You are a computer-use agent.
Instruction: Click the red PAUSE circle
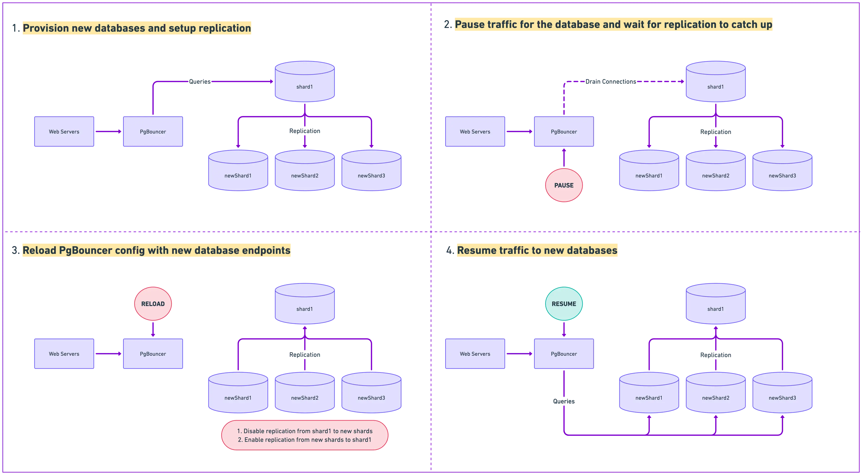564,185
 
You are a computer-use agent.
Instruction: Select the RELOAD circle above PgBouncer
153,304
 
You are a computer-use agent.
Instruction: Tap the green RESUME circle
564,304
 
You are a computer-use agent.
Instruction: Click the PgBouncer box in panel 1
153,132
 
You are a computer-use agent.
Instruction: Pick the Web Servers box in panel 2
475,132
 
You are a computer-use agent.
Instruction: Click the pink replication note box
305,435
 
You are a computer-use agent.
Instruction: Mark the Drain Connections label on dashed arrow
610,81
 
